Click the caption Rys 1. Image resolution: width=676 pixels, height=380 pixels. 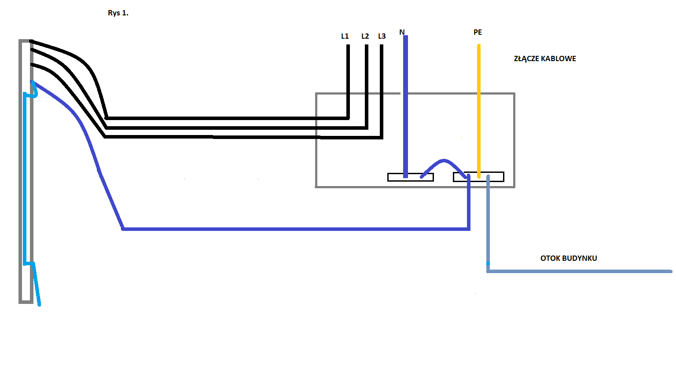pos(118,13)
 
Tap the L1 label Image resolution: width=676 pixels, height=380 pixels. pos(345,36)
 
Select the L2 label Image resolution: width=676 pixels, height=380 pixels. pos(365,36)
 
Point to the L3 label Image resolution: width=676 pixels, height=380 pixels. pos(382,36)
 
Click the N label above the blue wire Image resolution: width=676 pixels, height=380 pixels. pos(402,32)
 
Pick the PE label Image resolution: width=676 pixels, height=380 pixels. pos(478,32)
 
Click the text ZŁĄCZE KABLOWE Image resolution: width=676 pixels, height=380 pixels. pos(545,58)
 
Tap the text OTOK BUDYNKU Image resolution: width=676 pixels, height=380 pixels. pos(569,258)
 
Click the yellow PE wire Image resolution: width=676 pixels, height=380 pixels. pos(479,111)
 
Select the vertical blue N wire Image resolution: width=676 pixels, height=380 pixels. pos(406,106)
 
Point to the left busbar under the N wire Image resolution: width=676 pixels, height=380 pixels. pos(411,177)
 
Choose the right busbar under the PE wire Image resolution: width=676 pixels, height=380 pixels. pos(479,177)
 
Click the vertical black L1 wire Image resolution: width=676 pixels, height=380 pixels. pos(348,81)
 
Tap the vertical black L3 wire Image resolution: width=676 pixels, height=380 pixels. pos(382,91)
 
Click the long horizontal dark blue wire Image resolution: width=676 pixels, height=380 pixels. pos(296,229)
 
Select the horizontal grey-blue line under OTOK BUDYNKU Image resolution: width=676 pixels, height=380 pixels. pos(579,271)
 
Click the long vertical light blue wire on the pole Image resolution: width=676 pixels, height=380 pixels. pos(25,178)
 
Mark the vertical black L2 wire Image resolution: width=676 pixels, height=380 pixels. pos(366,87)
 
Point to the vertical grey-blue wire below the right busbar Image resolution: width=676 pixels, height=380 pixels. pos(488,223)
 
